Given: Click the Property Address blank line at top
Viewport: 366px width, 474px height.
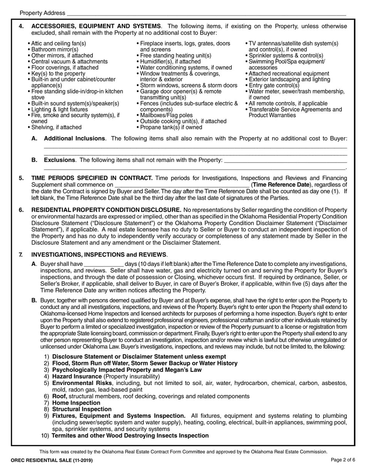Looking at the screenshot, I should (x=206, y=14).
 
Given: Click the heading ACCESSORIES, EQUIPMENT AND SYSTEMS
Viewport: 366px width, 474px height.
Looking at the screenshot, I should (x=96, y=26).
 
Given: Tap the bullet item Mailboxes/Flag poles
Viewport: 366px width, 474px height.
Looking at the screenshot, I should (x=166, y=115).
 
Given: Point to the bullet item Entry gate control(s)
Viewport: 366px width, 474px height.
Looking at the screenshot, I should (x=274, y=86).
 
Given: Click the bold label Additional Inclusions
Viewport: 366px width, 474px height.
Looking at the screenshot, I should (x=74, y=139).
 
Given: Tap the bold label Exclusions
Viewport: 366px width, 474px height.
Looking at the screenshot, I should (x=59, y=160).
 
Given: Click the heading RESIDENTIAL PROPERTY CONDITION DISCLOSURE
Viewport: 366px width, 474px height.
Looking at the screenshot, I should (x=106, y=210).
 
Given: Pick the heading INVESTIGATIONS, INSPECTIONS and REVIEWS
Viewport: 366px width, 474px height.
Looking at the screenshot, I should (x=99, y=255).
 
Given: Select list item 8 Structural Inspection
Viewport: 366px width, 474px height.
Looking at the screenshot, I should (x=82, y=409).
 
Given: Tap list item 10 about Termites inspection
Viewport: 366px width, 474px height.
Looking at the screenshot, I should (x=130, y=436).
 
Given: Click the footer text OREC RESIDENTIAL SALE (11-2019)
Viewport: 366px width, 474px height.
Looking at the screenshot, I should (x=52, y=461).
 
